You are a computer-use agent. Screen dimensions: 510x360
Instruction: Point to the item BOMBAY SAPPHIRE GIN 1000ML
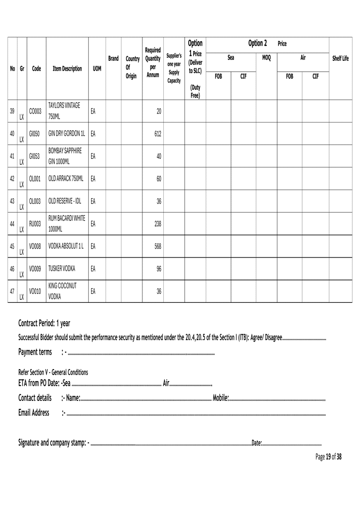pos(64,156)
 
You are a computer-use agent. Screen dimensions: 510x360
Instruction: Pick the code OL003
pos(35,201)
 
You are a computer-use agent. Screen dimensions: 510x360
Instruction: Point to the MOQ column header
pos(266,59)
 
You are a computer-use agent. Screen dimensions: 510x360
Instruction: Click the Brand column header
pos(114,58)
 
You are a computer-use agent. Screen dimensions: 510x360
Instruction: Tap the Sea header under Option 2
pos(231,58)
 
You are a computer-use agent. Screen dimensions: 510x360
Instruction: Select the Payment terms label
pos(35,353)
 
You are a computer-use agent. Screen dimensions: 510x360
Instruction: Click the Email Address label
pos(34,412)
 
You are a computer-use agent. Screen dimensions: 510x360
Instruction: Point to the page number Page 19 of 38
pos(328,456)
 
